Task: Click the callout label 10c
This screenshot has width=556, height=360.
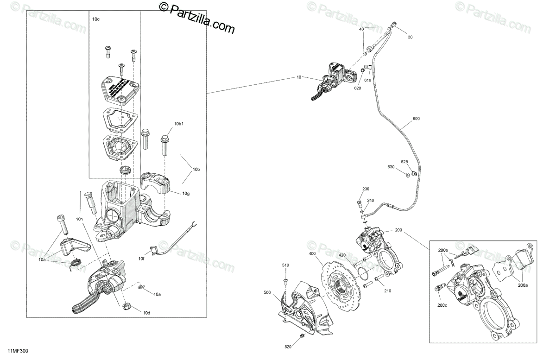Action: click(x=96, y=19)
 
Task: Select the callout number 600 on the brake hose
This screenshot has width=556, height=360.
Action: click(x=416, y=119)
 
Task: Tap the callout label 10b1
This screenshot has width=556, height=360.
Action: click(x=179, y=124)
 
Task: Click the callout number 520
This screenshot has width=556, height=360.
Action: click(x=287, y=347)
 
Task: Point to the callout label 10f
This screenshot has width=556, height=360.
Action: click(x=142, y=259)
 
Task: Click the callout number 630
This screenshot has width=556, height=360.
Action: click(x=391, y=167)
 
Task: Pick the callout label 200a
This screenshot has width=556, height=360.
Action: click(x=523, y=286)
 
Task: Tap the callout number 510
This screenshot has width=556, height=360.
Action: click(x=286, y=265)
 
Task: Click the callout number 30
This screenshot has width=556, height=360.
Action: click(x=410, y=37)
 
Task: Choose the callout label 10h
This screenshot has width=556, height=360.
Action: click(x=79, y=219)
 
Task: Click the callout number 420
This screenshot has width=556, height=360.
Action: click(x=342, y=255)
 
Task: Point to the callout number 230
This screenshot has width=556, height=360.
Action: click(x=366, y=189)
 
